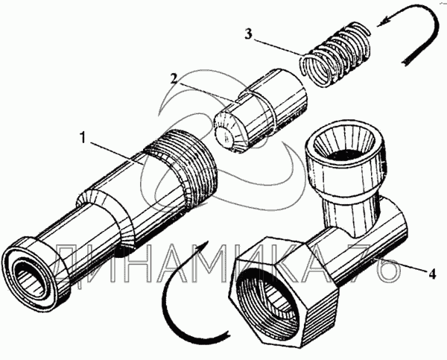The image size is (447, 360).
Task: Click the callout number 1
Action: coord(83,138)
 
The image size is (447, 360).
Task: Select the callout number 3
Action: coord(248,34)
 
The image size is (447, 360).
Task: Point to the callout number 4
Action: coord(431,274)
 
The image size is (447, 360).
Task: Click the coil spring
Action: coord(337,54)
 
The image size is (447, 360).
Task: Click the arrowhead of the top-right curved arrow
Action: coord(386,21)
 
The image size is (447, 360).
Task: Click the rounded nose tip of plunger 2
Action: coord(226,136)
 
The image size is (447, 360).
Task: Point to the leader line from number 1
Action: coord(115,154)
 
